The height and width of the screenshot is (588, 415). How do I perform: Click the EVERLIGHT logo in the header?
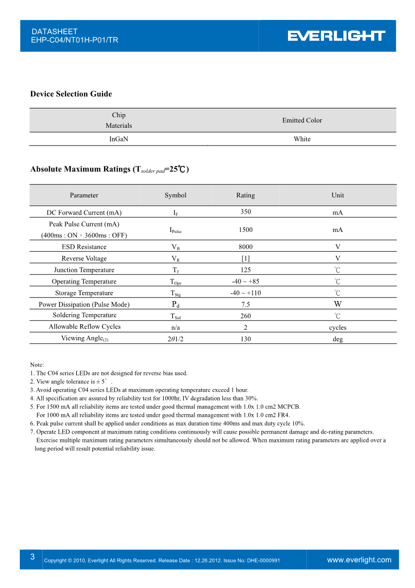(336, 36)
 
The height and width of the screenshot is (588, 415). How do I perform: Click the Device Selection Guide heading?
(71, 94)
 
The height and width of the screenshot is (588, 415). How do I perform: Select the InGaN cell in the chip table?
(119, 139)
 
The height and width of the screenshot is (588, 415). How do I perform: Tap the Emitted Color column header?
(302, 120)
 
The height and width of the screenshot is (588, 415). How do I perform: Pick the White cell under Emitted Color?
(302, 139)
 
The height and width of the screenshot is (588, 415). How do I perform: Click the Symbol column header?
(176, 195)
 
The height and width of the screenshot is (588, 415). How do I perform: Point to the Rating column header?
(246, 195)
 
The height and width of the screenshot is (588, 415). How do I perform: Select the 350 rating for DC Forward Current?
(246, 212)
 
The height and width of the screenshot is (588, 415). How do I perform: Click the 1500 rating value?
(246, 230)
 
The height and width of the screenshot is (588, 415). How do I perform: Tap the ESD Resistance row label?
(84, 247)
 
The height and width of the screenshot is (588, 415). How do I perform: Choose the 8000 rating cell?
(246, 247)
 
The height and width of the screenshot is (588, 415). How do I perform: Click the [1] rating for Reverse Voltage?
(246, 259)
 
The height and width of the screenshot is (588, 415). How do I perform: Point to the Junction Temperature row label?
(84, 270)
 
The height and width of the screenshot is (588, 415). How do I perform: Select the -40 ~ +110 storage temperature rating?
(246, 293)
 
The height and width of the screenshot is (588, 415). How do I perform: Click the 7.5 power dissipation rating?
(246, 305)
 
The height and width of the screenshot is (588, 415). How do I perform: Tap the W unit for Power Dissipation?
(338, 304)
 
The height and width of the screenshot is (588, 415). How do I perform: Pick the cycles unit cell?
(338, 328)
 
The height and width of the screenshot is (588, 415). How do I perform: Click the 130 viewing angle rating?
(246, 339)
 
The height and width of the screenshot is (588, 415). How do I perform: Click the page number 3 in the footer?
(32, 557)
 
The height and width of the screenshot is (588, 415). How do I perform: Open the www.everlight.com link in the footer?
(359, 560)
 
